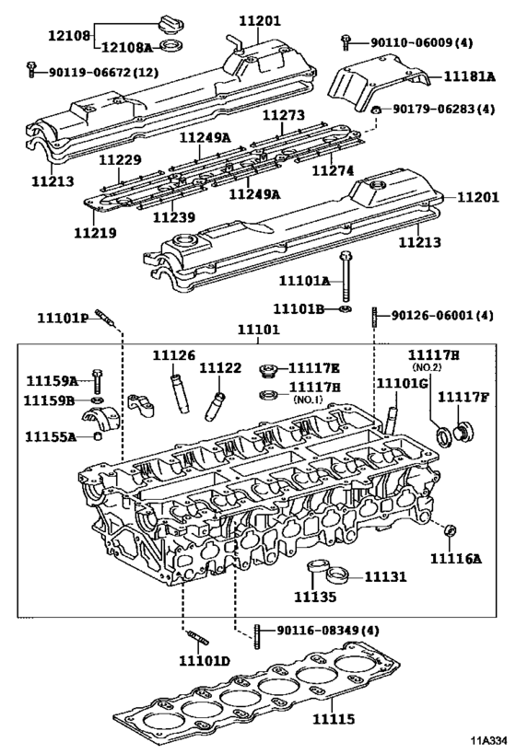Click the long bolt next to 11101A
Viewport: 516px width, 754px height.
[x=345, y=275]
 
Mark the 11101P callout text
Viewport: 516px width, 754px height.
[x=63, y=318]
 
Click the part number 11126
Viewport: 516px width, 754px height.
[x=174, y=355]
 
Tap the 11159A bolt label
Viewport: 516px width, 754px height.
[x=51, y=380]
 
